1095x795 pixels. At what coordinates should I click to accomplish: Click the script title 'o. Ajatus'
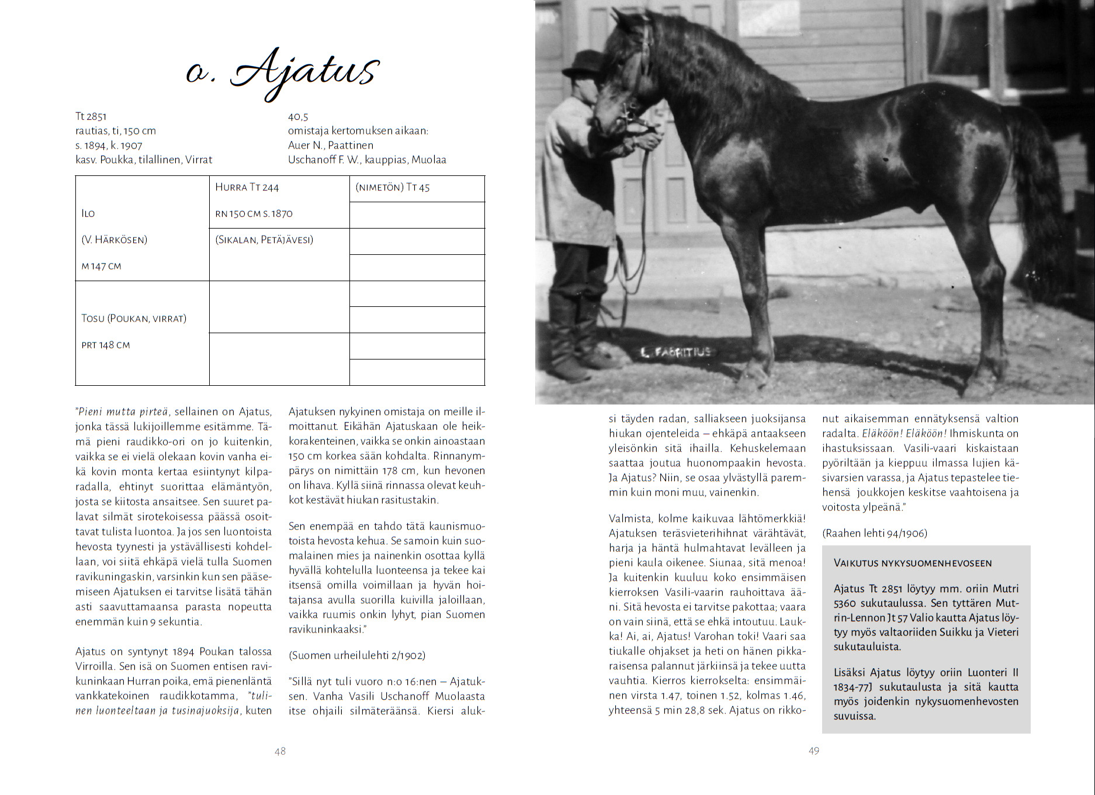tap(283, 73)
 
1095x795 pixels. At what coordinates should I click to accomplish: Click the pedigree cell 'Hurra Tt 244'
tap(247, 187)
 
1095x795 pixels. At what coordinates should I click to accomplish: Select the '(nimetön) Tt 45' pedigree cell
tap(393, 187)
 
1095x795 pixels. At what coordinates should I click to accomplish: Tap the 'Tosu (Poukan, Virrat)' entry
tap(134, 319)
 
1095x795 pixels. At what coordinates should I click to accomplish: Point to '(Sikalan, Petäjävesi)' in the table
tap(264, 240)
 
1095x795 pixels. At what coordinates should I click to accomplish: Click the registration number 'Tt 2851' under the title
tap(91, 116)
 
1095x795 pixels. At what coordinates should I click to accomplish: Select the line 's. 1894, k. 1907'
tap(109, 146)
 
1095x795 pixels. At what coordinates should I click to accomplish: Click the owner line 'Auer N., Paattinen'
tap(330, 145)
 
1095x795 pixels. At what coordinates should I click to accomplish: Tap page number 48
tap(280, 751)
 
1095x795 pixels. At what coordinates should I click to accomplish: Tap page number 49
tap(814, 751)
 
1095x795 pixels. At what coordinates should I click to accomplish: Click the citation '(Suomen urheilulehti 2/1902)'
tap(357, 655)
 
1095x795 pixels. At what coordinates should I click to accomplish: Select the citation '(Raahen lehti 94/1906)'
tap(874, 533)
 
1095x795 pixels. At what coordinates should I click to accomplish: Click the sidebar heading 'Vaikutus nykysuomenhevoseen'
tap(913, 563)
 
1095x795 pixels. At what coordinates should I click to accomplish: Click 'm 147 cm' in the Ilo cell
tap(102, 266)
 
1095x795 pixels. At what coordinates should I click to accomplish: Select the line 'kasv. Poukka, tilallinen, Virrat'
tap(144, 160)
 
